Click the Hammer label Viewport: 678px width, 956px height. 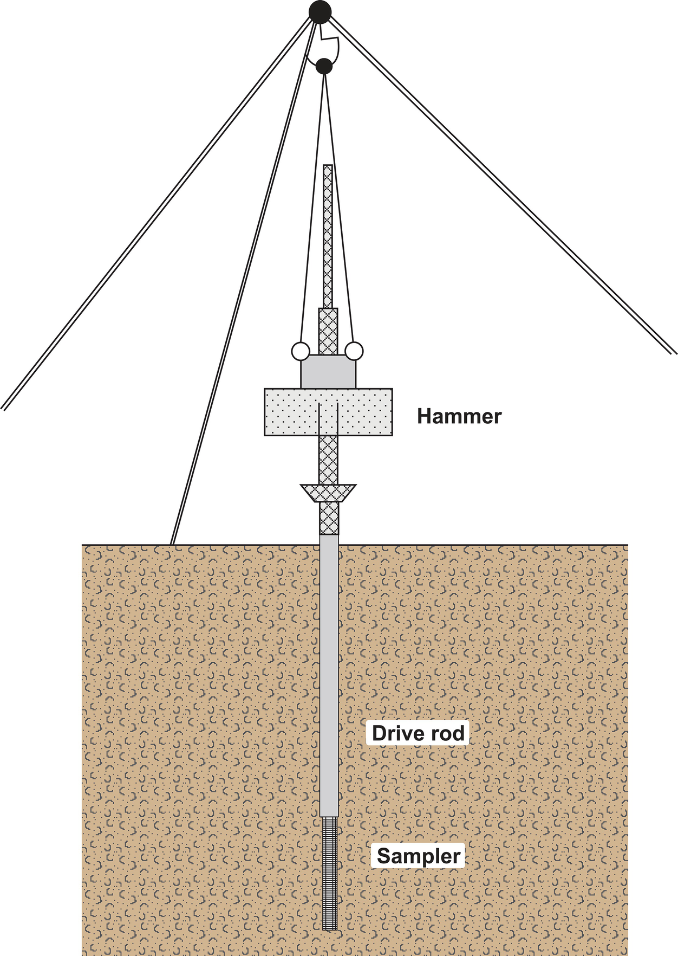point(459,416)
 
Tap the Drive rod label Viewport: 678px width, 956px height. point(418,733)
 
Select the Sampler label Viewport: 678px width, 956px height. point(419,856)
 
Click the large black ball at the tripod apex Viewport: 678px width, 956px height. point(320,11)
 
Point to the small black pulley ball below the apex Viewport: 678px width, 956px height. point(324,67)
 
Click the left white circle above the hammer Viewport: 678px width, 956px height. point(299,351)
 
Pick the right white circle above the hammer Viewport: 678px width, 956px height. point(354,351)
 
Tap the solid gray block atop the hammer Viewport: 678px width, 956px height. point(328,372)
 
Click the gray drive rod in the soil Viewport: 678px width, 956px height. point(329,677)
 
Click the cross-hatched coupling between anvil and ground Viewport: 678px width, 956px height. point(329,518)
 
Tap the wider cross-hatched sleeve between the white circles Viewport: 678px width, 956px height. point(328,331)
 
